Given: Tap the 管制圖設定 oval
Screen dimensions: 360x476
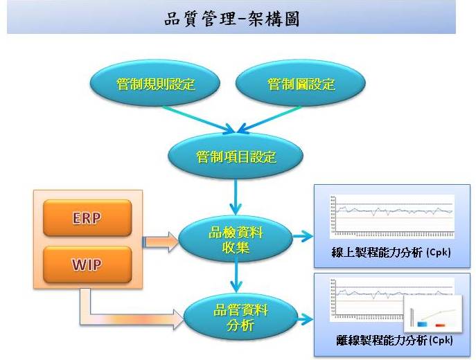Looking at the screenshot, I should coord(301,85).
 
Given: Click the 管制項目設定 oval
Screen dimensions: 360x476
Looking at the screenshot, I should coord(236,157).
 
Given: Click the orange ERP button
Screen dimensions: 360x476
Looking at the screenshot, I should coord(87,218).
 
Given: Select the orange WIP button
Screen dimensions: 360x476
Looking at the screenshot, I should coord(87,263).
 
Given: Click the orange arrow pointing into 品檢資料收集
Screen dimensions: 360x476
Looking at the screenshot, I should coord(161,241).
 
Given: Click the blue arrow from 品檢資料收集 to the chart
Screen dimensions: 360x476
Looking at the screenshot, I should coord(303,237).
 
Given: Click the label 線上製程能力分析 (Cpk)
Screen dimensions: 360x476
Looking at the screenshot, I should coord(391,253).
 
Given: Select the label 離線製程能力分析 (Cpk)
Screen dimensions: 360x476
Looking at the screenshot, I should coord(391,341).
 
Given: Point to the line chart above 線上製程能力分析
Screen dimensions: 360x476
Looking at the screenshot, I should coord(391,214).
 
